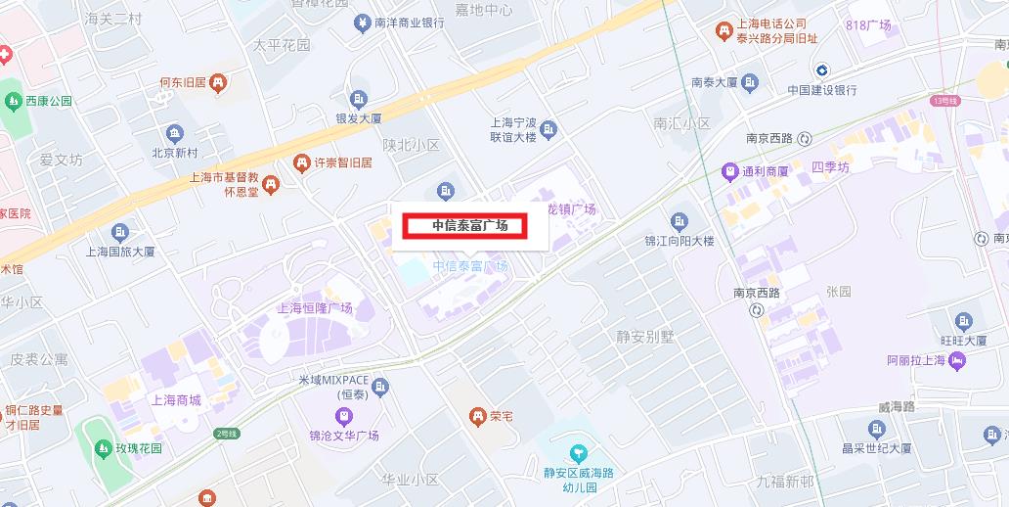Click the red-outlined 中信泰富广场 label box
[x=465, y=226]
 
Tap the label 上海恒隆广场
[x=315, y=307]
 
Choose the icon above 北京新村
[x=175, y=133]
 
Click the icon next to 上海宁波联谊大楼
[x=548, y=129]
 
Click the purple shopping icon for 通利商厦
[x=728, y=171]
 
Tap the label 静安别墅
[x=644, y=337]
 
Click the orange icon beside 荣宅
[x=477, y=416]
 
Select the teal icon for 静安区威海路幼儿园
[x=579, y=452]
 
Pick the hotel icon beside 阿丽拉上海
[x=957, y=361]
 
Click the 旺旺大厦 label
[x=963, y=341]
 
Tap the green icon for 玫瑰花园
[x=103, y=448]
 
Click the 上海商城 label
[x=176, y=400]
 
